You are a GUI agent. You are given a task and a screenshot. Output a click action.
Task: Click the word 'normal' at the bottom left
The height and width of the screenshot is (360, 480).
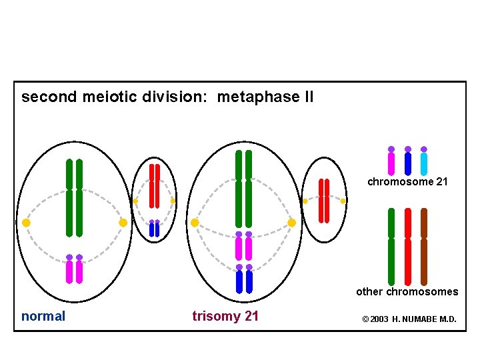[x=43, y=316]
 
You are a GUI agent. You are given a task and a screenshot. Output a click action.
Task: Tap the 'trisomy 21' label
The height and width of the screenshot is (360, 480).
[x=225, y=316]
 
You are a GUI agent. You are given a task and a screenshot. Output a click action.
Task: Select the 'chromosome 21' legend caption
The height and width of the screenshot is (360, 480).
[x=407, y=181]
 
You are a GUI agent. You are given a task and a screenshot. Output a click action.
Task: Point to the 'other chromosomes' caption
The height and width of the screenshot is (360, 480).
[x=407, y=291]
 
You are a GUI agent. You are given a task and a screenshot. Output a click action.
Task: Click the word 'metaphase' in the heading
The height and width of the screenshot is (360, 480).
[x=259, y=97]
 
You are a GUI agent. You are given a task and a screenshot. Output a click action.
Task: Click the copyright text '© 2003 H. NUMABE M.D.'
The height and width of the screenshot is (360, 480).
[x=409, y=319]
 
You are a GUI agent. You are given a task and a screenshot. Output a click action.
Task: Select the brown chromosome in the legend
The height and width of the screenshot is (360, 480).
[x=424, y=247]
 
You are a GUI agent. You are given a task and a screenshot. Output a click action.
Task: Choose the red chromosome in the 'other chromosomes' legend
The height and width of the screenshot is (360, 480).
[x=408, y=247]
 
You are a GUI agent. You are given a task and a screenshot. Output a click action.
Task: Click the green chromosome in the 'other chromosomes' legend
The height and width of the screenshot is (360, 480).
[x=391, y=247]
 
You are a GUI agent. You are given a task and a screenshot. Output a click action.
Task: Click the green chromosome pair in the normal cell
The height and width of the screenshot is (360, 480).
[x=74, y=198]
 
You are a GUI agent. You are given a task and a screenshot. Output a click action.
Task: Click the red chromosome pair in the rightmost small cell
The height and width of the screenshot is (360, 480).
[x=324, y=200]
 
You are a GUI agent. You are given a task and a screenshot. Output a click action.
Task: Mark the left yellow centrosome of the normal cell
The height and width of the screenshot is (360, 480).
[x=26, y=223]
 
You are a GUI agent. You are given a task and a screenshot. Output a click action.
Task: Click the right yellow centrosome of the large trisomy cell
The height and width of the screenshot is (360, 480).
[x=291, y=223]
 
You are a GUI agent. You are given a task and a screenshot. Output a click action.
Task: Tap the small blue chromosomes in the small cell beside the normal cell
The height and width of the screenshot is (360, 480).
[x=154, y=229]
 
